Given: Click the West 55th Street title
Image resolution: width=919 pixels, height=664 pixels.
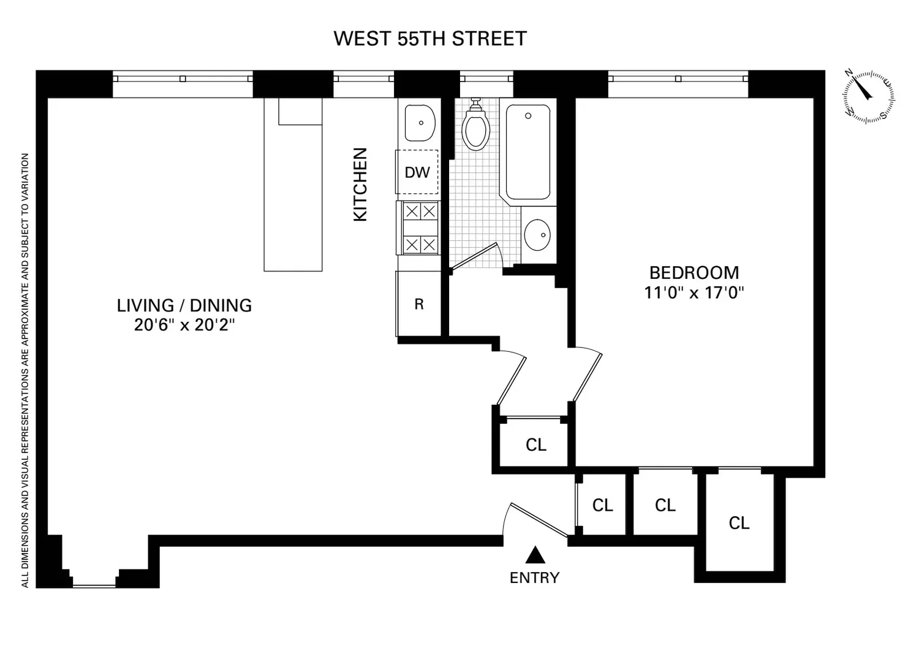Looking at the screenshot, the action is click(430, 39).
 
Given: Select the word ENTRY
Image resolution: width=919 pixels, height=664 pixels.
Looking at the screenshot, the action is click(535, 578).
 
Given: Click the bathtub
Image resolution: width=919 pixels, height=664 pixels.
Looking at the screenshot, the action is click(528, 152).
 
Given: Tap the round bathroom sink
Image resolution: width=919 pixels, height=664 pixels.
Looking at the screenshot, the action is click(537, 235).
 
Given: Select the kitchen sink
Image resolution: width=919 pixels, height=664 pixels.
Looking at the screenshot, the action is click(420, 123).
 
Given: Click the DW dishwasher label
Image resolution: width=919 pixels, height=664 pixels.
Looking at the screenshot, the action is click(417, 172).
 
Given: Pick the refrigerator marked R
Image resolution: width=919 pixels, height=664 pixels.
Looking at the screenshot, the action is click(419, 303).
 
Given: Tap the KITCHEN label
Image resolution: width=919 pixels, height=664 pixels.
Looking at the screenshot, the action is click(360, 185).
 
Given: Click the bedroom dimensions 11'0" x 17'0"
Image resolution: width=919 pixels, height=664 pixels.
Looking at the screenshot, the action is click(694, 293).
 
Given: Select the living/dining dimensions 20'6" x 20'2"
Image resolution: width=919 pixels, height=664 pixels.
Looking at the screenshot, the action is click(184, 325).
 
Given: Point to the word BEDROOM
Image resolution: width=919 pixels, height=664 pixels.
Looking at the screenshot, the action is click(694, 273).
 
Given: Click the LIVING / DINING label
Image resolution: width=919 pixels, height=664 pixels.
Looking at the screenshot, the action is click(184, 305).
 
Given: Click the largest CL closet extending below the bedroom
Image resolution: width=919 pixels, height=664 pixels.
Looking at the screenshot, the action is click(739, 523).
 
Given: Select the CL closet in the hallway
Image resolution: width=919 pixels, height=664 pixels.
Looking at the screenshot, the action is click(536, 445).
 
